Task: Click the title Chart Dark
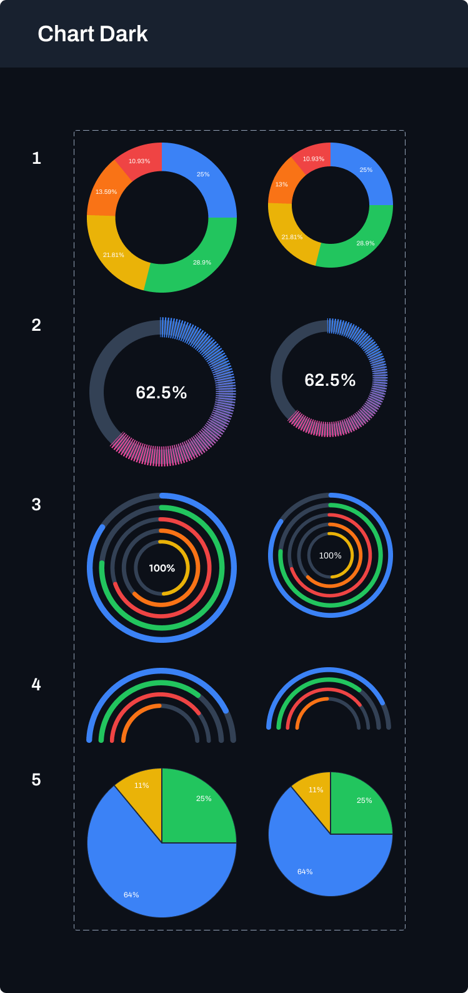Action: coord(92,34)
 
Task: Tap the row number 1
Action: coord(36,158)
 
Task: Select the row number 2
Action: coord(36,325)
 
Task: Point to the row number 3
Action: coord(36,505)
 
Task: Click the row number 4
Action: coord(36,685)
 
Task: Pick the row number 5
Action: coord(36,780)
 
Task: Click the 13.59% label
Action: coord(106,191)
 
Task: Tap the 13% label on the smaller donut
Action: coord(281,184)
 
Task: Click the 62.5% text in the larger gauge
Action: coord(161,393)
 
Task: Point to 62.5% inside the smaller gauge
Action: coord(330,380)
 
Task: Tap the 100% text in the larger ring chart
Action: coord(162,568)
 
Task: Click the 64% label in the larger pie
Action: coord(131,895)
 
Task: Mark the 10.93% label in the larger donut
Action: coord(139,161)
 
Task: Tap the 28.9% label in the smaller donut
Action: coord(366,243)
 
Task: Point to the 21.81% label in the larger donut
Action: coord(113,255)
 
